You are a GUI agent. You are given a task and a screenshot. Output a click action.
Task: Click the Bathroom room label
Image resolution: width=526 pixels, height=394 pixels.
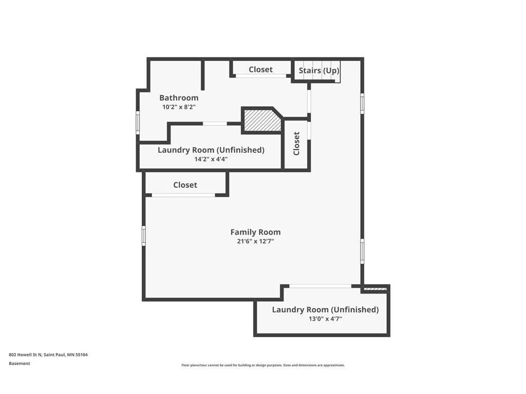[179, 97]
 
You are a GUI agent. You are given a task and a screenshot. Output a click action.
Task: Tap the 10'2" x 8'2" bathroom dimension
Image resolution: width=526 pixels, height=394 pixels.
[179, 107]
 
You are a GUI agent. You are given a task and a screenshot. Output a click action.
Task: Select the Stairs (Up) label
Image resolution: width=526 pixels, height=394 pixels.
[319, 71]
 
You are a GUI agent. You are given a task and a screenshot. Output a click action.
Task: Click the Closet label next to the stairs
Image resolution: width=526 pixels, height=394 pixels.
[260, 69]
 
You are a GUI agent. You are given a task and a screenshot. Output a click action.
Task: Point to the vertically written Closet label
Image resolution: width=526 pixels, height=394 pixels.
[296, 144]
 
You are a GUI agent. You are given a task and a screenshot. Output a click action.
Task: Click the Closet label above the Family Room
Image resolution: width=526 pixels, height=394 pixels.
[185, 185]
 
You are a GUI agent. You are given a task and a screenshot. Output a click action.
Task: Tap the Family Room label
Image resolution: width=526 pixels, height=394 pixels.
[255, 232]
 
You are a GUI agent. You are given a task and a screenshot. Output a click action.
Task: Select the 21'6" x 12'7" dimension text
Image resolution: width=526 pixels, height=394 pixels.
[255, 241]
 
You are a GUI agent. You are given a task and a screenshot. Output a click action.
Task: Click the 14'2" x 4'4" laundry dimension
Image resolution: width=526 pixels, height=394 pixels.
[211, 159]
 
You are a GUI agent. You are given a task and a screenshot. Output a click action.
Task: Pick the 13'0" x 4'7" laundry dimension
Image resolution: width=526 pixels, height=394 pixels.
[325, 319]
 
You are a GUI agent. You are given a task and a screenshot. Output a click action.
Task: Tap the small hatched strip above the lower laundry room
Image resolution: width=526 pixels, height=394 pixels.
[375, 289]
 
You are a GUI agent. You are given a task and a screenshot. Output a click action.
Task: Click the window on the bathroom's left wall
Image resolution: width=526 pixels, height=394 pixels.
[138, 123]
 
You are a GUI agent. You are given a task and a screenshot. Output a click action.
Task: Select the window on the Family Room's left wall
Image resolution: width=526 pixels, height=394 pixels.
[144, 235]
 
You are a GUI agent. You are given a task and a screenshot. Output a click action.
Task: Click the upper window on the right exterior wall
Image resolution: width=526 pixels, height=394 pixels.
[362, 103]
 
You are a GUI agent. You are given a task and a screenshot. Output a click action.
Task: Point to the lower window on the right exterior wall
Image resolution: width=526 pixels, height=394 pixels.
[362, 251]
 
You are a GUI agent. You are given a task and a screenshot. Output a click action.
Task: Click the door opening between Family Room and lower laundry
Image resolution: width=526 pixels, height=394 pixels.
[320, 286]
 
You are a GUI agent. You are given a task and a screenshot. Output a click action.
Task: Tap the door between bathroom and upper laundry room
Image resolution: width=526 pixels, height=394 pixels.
[215, 124]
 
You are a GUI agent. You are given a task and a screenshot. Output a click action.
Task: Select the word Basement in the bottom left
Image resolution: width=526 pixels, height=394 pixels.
[20, 363]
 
